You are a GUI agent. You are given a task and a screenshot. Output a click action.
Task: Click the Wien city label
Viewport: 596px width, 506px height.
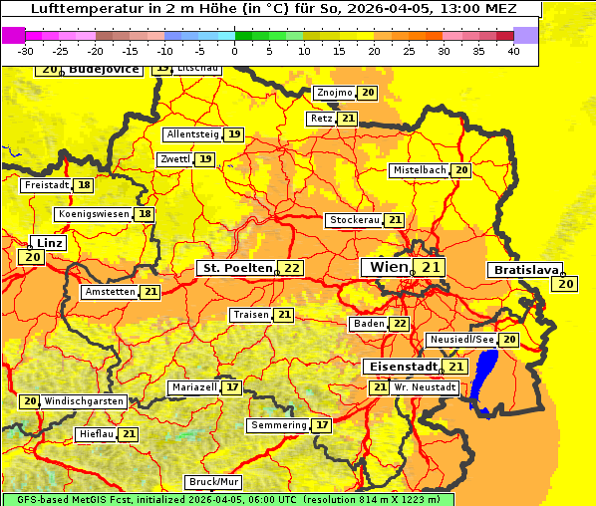(388, 267)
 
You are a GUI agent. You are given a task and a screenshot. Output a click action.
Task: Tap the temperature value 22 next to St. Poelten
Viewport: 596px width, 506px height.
(290, 268)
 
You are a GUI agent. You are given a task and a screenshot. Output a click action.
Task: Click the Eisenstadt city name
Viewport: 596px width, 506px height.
(400, 367)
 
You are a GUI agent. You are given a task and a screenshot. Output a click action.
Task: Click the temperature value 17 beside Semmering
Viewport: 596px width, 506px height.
(321, 425)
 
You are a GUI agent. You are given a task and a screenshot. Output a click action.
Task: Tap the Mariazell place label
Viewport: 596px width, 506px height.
(193, 386)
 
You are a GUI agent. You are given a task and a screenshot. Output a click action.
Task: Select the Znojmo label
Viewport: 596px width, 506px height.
(334, 93)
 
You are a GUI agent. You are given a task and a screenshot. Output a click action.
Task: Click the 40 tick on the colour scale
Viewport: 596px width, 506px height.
(512, 51)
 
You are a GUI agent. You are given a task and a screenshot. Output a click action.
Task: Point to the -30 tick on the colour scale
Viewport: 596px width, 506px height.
(26, 51)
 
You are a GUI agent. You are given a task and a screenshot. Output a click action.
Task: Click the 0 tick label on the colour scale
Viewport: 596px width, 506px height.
(234, 51)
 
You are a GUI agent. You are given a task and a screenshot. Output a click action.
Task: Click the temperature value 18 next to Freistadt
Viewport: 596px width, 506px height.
(84, 185)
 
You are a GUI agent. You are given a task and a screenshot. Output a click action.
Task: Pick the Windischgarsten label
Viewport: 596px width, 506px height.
(84, 400)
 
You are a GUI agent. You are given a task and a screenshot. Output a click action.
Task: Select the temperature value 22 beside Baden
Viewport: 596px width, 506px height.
(399, 324)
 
